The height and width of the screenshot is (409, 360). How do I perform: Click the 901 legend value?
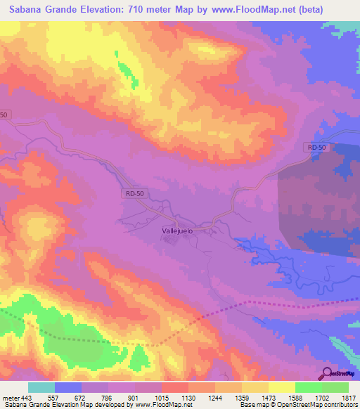(134, 397)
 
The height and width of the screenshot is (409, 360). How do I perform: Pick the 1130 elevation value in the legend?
(188, 397)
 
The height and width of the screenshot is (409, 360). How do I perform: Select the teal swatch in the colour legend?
(41, 387)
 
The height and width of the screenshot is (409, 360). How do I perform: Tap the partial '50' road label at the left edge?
(4, 115)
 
